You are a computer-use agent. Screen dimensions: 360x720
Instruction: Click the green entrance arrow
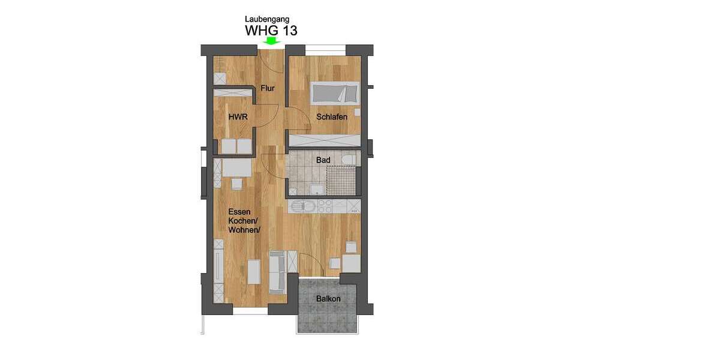coord(272,41)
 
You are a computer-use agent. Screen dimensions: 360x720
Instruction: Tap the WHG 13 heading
coord(271,31)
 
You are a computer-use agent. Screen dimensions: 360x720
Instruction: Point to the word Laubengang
coord(267,19)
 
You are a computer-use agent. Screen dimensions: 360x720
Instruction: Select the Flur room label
coord(268,89)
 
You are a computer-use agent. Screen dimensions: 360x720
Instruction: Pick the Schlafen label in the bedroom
coord(332,117)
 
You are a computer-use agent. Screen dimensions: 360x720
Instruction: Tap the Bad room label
coord(323,160)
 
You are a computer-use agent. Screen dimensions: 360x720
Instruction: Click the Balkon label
coord(328,299)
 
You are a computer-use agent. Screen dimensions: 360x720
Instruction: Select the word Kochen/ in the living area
coord(239,221)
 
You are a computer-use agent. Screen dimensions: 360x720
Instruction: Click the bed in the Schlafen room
coord(335,93)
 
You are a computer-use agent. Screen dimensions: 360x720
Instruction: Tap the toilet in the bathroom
coord(349,159)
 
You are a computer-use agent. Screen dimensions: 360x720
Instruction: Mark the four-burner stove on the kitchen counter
coord(325,206)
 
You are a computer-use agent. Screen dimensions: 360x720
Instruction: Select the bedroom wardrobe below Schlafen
coord(324,140)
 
